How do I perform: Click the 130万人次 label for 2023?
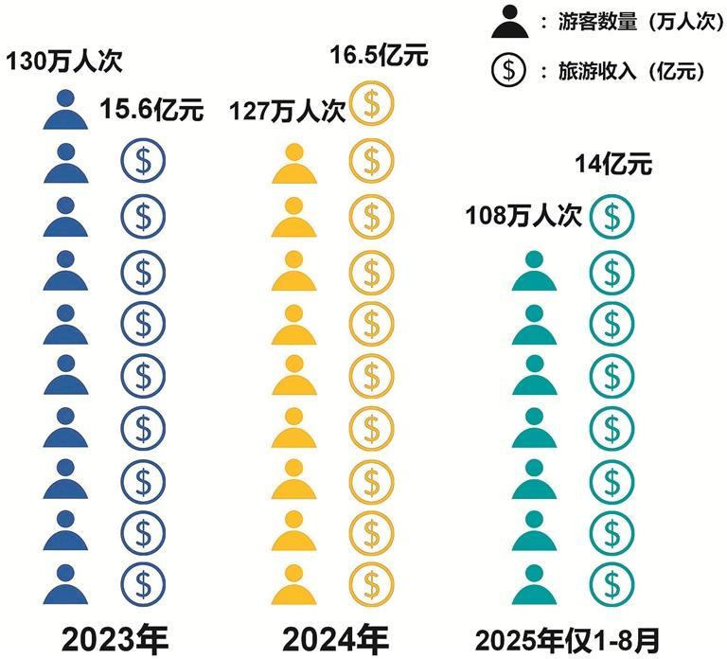[64, 63]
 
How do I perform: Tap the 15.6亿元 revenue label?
[151, 111]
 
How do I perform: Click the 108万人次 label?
[523, 216]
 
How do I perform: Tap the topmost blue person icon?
[66, 111]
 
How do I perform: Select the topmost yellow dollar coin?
[371, 107]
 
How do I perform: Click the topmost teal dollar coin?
[612, 218]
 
